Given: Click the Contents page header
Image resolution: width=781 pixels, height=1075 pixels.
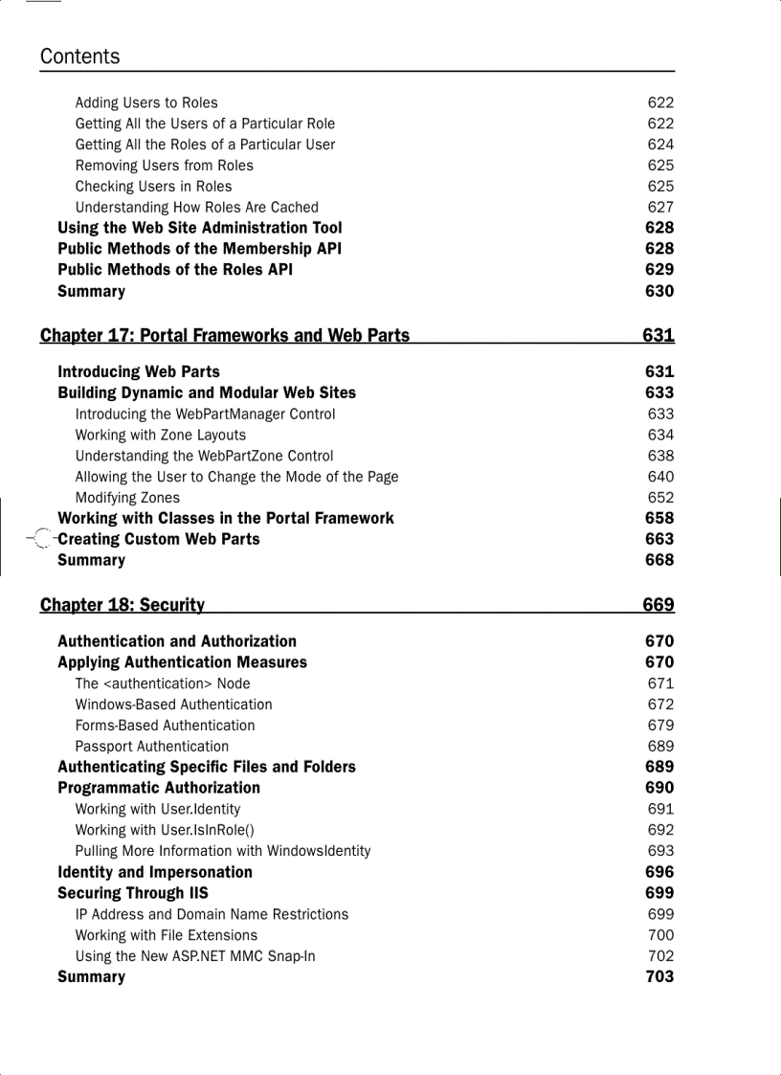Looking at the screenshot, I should [80, 56].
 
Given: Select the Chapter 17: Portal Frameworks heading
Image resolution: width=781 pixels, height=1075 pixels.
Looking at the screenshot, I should [225, 335].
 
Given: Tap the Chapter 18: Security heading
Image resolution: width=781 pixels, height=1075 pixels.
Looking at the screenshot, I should [123, 605].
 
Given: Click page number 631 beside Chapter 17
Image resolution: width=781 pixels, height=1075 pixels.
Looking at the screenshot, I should [658, 335].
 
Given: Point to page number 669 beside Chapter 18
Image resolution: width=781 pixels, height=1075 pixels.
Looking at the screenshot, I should [658, 605].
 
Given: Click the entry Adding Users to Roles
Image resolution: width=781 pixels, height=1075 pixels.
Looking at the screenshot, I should [146, 102].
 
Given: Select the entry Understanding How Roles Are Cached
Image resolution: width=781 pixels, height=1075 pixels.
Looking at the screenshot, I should [197, 207].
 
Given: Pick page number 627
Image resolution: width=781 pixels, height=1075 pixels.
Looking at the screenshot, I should [660, 207].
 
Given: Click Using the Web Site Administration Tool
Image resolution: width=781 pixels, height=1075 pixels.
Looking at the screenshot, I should [200, 228].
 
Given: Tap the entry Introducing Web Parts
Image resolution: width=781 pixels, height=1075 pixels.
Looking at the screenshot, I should [139, 371].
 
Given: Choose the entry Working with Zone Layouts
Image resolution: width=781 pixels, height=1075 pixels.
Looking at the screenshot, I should [161, 435].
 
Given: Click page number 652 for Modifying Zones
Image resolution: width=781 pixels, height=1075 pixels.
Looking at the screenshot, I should [660, 498].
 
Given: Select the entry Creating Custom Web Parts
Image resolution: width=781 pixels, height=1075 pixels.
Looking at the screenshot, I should [159, 539].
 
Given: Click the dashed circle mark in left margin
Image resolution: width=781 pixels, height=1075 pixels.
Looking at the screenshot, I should [40, 540].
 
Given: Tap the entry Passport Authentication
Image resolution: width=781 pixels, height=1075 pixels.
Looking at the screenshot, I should [152, 746].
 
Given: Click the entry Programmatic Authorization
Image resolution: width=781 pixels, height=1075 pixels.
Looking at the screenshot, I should [159, 788].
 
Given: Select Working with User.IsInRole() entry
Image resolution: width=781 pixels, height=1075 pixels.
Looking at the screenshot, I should [165, 830].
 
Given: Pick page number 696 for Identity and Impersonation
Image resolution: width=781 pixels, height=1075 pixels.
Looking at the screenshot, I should [659, 872].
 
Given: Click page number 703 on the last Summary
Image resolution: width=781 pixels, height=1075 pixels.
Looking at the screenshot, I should [659, 976].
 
